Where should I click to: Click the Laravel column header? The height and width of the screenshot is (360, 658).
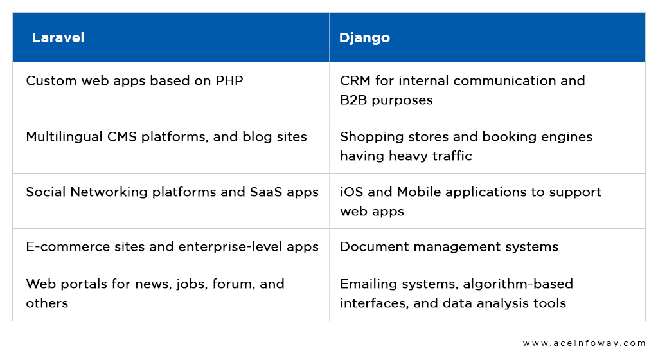(x=58, y=38)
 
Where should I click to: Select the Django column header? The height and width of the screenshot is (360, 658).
(x=364, y=38)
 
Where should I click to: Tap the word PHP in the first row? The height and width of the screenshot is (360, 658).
(x=229, y=80)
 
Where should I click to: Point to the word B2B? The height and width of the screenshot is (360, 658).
(x=354, y=100)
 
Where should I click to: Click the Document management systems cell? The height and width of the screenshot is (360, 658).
(x=449, y=247)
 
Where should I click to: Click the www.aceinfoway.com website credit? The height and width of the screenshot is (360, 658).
(x=583, y=343)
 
